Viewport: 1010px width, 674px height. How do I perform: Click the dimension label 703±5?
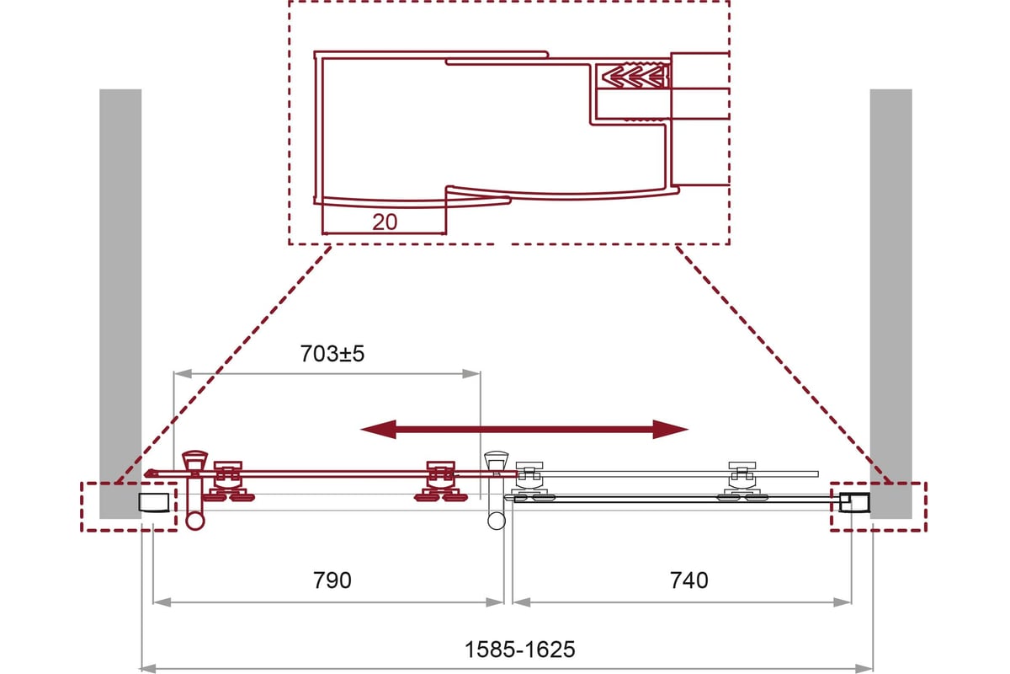[x=332, y=354]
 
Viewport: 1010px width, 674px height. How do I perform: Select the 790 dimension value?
[x=332, y=580]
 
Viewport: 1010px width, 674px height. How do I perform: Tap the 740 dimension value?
[x=689, y=580]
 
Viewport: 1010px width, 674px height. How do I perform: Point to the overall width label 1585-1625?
[x=520, y=650]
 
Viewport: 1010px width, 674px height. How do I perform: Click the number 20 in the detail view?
[x=385, y=222]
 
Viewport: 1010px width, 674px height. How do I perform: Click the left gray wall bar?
[x=120, y=304]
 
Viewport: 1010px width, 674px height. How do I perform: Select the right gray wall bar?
[x=891, y=304]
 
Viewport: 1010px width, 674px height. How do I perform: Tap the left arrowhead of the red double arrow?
[x=378, y=430]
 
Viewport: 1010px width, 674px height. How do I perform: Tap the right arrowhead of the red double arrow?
[x=671, y=430]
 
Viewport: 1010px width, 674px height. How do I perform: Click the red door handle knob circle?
[x=195, y=522]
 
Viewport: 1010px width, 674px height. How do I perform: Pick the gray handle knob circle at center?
[x=497, y=521]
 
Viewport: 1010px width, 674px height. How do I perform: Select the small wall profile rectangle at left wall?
[x=154, y=502]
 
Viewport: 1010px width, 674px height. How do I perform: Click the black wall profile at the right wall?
[x=855, y=502]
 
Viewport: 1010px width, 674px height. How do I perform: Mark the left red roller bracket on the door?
[x=229, y=481]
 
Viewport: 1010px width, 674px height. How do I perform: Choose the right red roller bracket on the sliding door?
[x=441, y=481]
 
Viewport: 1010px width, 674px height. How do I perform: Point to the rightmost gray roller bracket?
[x=742, y=481]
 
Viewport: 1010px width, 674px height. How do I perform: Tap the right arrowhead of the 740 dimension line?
[x=843, y=602]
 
